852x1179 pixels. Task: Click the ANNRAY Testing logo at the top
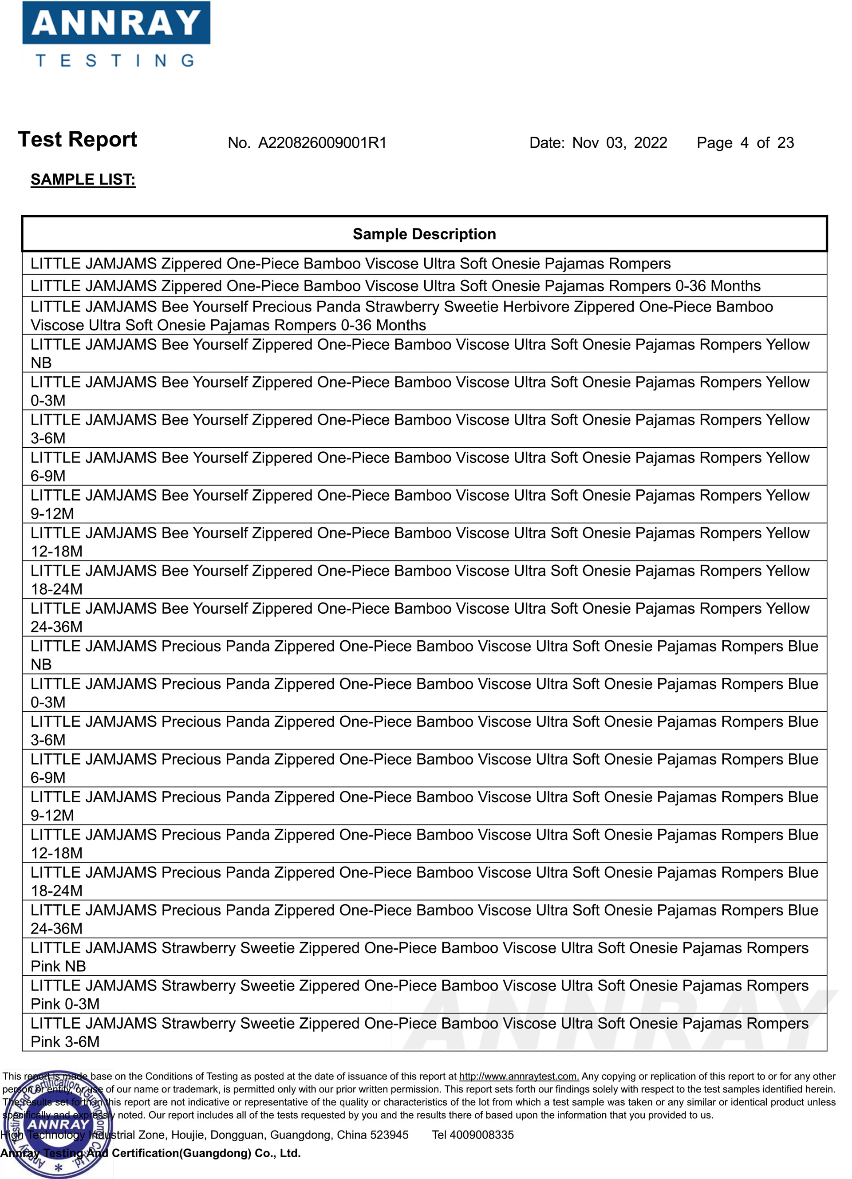116,34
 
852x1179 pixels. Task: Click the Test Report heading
78,140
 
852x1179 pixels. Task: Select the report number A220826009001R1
322,143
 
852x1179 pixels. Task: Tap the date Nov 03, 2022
619,143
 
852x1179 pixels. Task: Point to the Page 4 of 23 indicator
745,143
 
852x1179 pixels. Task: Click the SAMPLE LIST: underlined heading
83,180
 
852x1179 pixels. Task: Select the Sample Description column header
424,234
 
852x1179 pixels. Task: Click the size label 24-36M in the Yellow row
57,627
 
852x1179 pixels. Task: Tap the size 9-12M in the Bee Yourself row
52,513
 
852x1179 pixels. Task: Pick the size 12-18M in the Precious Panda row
57,853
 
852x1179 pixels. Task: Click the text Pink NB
58,966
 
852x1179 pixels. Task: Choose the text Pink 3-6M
65,1042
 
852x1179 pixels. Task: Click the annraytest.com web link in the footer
518,1076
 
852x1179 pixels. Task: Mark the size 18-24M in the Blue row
57,891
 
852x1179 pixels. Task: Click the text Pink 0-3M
65,1004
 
